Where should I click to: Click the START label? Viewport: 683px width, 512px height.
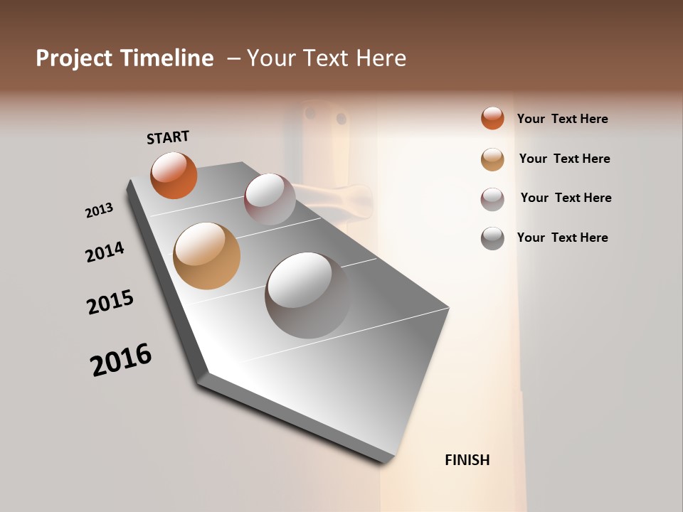pyautogui.click(x=168, y=137)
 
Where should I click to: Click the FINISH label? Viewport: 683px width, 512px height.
pyautogui.click(x=467, y=460)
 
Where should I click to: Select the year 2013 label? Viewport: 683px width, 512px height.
pyautogui.click(x=100, y=210)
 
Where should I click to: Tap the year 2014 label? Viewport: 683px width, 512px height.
pyautogui.click(x=105, y=252)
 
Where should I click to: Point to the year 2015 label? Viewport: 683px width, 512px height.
pyautogui.click(x=110, y=302)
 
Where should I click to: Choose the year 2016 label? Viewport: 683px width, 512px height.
pyautogui.click(x=121, y=360)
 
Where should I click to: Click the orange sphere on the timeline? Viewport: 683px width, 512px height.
pyautogui.click(x=174, y=175)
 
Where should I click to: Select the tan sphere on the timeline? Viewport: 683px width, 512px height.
pyautogui.click(x=206, y=256)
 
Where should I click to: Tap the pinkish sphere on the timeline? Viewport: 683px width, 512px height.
pyautogui.click(x=270, y=199)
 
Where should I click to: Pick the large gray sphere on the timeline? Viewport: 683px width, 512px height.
pyautogui.click(x=307, y=294)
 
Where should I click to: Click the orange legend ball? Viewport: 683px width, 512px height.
pyautogui.click(x=492, y=118)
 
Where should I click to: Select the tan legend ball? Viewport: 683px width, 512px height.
pyautogui.click(x=492, y=159)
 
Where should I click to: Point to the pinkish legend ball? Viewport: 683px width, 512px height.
pyautogui.click(x=492, y=199)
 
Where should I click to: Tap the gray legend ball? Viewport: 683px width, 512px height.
pyautogui.click(x=492, y=238)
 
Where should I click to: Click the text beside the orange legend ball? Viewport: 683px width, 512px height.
pyautogui.click(x=562, y=119)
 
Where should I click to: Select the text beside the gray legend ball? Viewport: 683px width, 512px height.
pyautogui.click(x=562, y=238)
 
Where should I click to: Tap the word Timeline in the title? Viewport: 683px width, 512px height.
pyautogui.click(x=166, y=58)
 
